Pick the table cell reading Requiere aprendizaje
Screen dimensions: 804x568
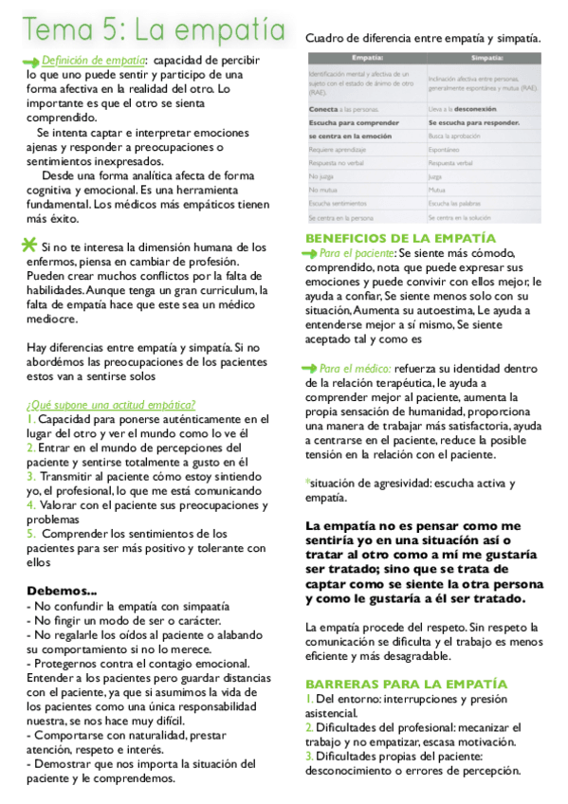coord(339,149)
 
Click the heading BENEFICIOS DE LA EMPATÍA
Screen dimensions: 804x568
coord(400,237)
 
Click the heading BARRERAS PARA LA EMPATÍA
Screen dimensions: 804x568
coord(406,683)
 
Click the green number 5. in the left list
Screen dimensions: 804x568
coord(31,534)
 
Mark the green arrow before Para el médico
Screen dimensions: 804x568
coord(310,367)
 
